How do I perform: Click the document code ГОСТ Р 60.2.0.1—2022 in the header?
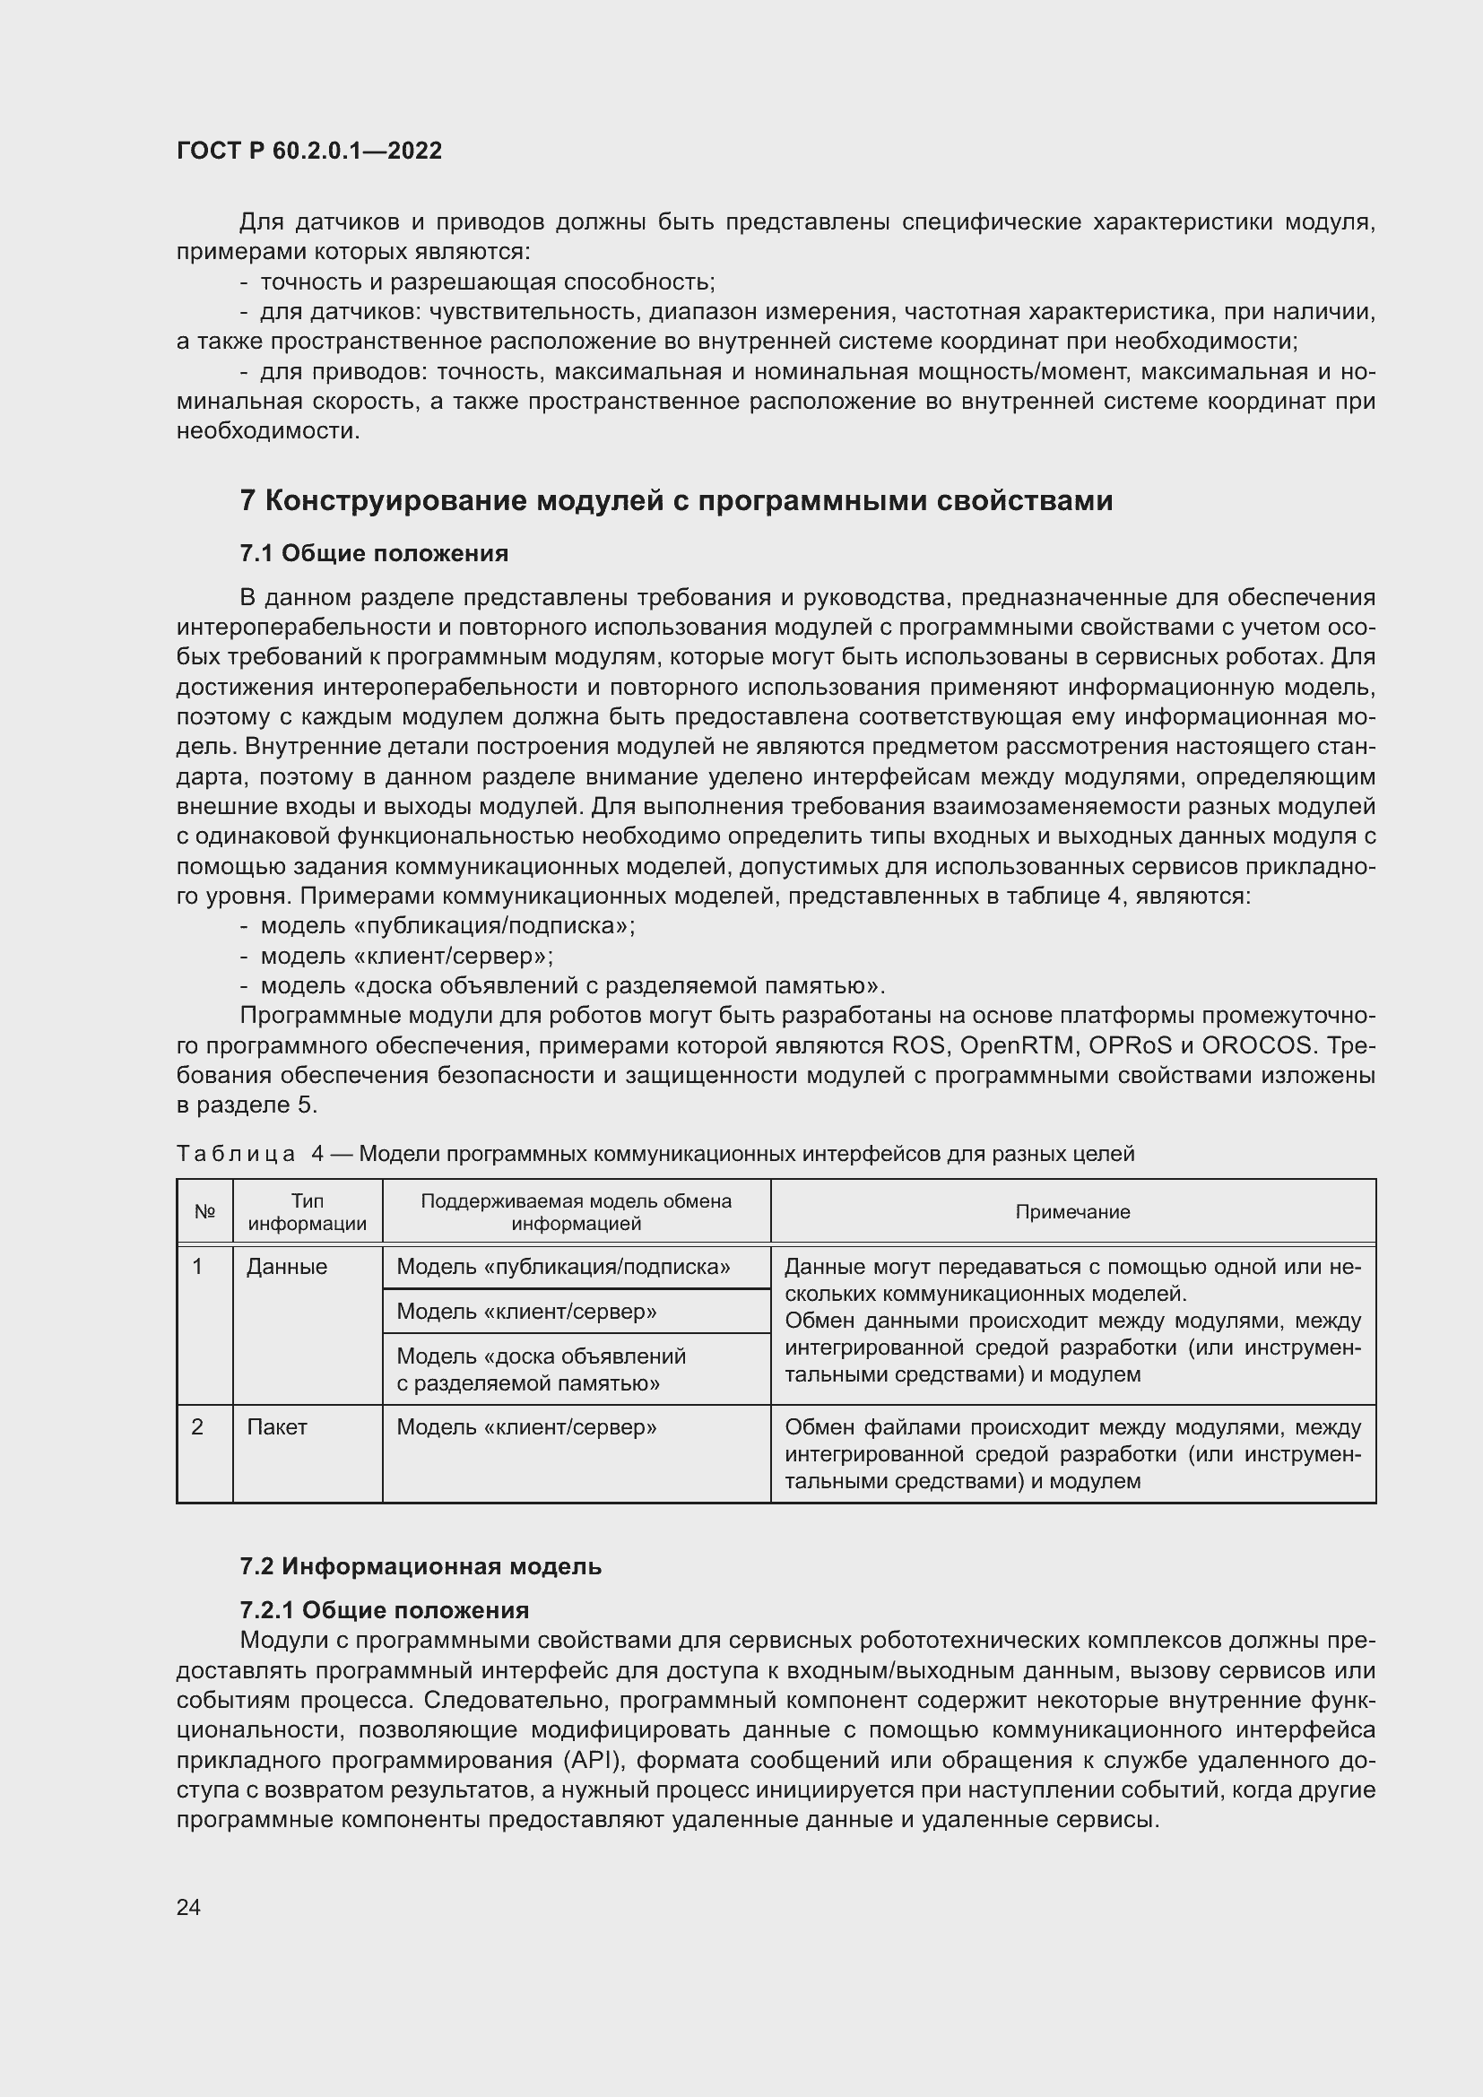coord(308,151)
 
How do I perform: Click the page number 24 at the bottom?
coord(188,1907)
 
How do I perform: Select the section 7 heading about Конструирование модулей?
coord(676,500)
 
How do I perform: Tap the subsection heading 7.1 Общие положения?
coord(374,553)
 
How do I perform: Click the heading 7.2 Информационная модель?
coord(420,1566)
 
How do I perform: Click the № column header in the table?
coord(204,1212)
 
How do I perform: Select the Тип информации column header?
coord(308,1212)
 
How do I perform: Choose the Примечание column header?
coord(1072,1212)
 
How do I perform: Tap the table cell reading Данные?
coord(287,1267)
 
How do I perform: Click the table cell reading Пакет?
coord(277,1426)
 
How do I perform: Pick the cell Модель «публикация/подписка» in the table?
coord(563,1267)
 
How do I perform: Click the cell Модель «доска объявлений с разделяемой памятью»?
coord(541,1369)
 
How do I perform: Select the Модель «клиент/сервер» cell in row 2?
coord(527,1426)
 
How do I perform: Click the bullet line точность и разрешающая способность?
coord(488,282)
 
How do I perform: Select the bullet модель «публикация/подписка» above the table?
coord(447,926)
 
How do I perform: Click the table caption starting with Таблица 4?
coord(654,1154)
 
